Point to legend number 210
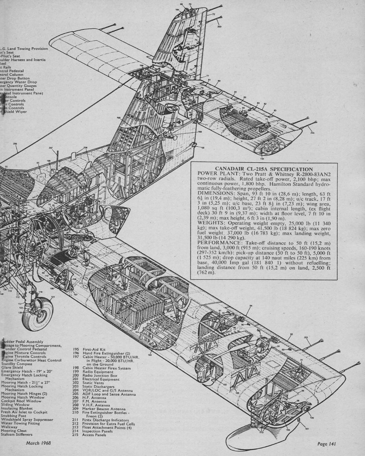(x=76, y=412)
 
